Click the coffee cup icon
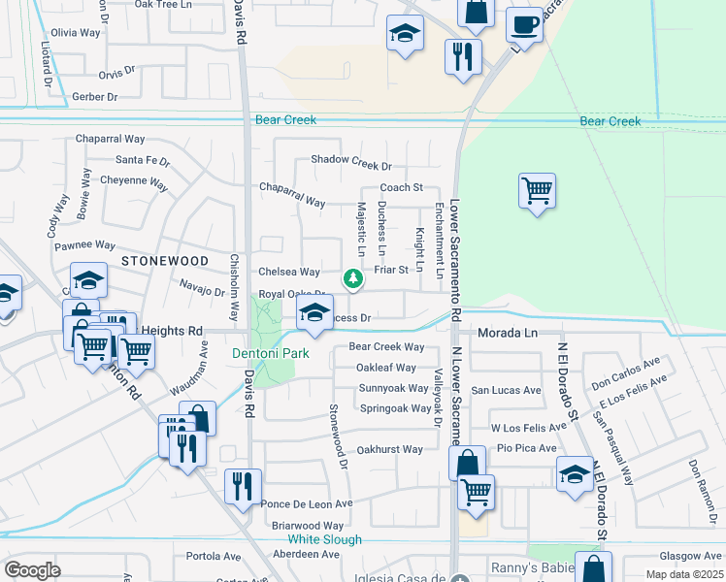point(524,23)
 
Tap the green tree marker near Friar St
point(354,279)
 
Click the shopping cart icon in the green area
point(537,190)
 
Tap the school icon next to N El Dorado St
point(575,475)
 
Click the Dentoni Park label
point(271,353)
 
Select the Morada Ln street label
point(507,333)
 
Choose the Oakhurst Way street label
point(389,449)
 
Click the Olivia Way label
point(76,32)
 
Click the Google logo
point(32,570)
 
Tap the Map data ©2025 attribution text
point(683,574)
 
